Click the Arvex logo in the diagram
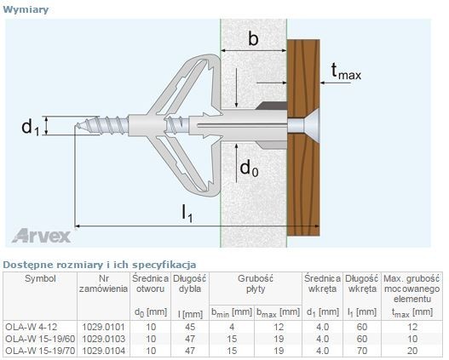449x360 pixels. tap(41, 237)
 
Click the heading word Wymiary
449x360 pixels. tap(26, 9)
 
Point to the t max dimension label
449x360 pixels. tap(346, 71)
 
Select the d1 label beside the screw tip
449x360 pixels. tap(30, 127)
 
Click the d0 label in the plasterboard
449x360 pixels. tap(249, 168)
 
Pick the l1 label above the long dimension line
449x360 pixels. tap(187, 214)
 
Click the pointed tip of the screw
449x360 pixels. tap(77, 125)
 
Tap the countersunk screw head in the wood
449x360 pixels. tap(303, 125)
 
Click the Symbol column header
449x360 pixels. tap(40, 278)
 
